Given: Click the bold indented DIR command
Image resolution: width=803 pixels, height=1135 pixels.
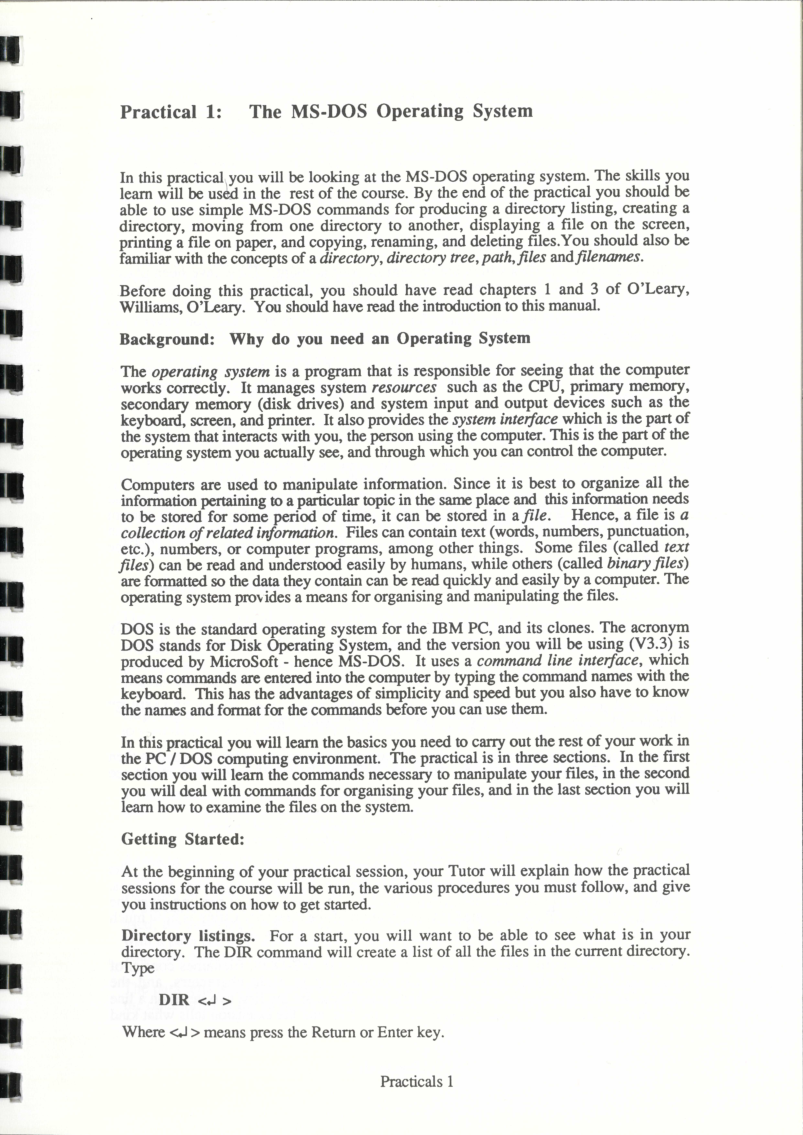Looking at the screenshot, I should pos(174,1000).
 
